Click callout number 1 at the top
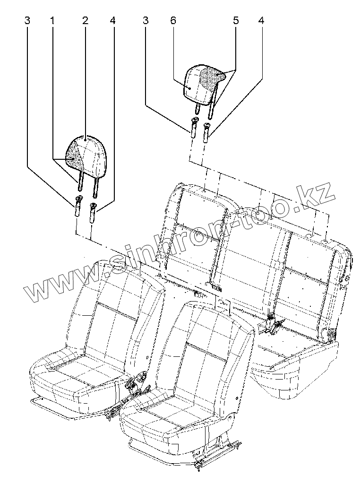(x=52, y=21)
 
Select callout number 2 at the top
(x=85, y=21)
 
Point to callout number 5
(x=236, y=21)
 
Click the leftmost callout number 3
(x=27, y=21)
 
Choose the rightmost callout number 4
(x=261, y=21)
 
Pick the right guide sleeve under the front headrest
(x=93, y=211)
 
